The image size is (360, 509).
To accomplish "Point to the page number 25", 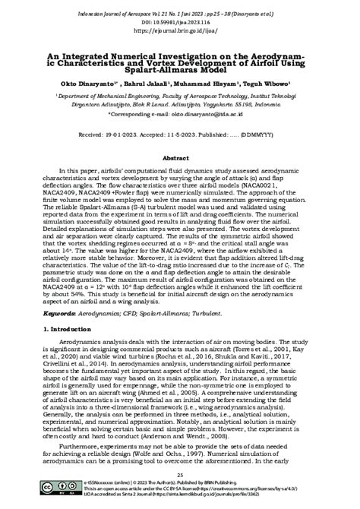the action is coord(180,476).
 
